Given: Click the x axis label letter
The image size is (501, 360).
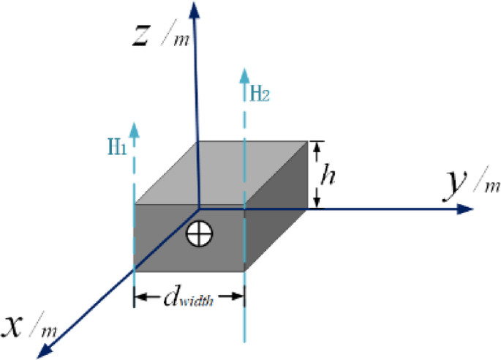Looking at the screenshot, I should tap(16, 324).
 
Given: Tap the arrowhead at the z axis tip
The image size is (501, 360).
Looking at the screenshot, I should tap(193, 9).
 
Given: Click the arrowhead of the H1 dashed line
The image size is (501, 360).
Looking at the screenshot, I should tap(135, 129).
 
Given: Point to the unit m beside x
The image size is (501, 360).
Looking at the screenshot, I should tap(49, 331).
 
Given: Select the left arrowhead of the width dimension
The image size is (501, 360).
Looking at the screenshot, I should tap(141, 296).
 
